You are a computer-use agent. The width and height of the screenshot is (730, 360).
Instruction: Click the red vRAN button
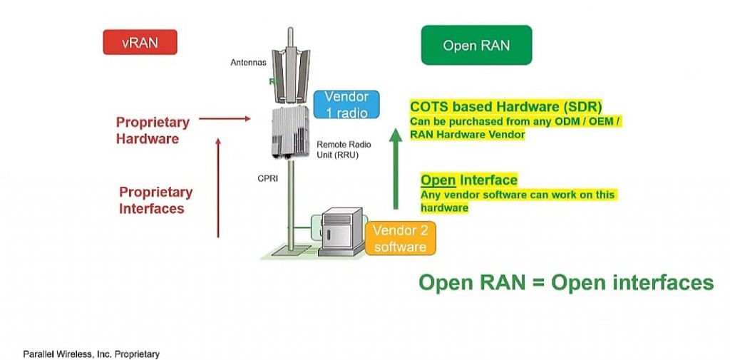[140, 42]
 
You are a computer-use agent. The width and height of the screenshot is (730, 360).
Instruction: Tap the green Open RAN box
[476, 45]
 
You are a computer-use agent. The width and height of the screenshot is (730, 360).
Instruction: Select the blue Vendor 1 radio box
[346, 105]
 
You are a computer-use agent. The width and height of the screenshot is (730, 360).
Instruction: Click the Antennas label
[248, 63]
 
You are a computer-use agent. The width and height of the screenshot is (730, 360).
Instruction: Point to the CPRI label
[267, 178]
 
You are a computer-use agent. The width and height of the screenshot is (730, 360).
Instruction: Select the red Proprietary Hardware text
[153, 130]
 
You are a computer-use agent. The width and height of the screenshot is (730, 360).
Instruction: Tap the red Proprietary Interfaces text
[155, 200]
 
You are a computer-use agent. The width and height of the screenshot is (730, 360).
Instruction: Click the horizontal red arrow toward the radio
[225, 119]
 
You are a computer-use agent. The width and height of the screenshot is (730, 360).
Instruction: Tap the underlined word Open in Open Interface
[438, 180]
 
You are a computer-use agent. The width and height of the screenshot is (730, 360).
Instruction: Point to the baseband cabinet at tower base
[341, 232]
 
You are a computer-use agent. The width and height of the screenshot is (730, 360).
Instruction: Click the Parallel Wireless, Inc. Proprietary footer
[91, 354]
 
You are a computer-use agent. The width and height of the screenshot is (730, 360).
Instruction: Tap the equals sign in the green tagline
[538, 282]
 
